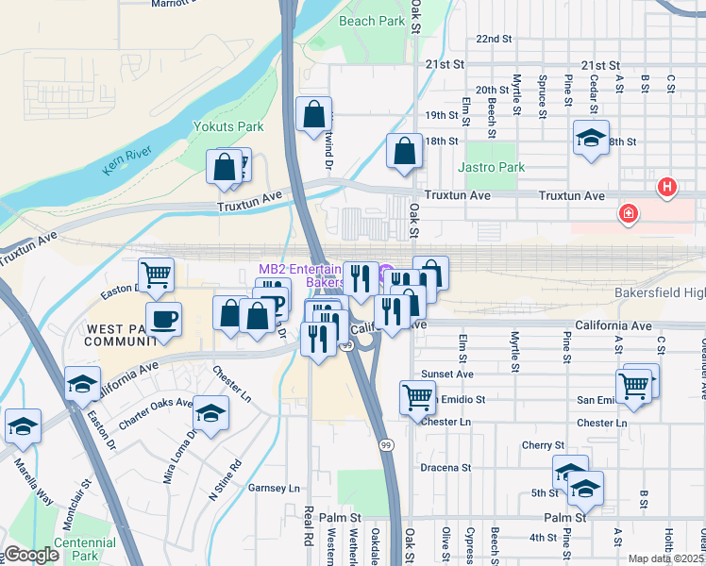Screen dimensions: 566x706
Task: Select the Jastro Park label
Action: pyautogui.click(x=490, y=167)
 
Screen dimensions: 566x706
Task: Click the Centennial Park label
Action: pyautogui.click(x=84, y=549)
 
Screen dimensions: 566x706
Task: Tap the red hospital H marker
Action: pyautogui.click(x=667, y=188)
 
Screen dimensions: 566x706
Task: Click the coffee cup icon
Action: pyautogui.click(x=163, y=319)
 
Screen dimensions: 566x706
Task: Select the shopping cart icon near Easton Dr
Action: pyautogui.click(x=157, y=275)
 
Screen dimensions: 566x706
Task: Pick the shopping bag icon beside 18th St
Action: pyautogui.click(x=404, y=151)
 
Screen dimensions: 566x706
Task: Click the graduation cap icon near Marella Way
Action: pyautogui.click(x=23, y=425)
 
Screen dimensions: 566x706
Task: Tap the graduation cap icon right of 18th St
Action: pyautogui.click(x=591, y=137)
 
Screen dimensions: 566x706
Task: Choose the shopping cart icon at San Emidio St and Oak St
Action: pyautogui.click(x=417, y=396)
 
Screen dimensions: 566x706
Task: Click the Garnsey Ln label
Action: pyautogui.click(x=273, y=488)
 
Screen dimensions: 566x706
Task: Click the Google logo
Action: pyautogui.click(x=31, y=556)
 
